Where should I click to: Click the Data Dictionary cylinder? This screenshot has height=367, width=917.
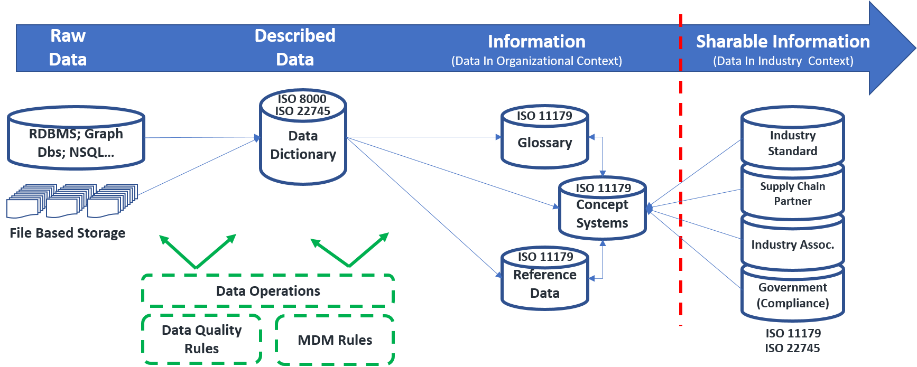pos(303,145)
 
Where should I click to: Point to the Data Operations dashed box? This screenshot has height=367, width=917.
pos(268,291)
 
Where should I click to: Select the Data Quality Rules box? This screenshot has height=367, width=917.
pos(201,340)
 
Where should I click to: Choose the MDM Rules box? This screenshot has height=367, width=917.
pos(335,340)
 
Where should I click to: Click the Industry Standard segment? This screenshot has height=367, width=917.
pos(792,143)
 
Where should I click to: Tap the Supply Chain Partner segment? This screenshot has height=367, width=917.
pos(792,194)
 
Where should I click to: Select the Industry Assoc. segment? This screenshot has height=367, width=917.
pos(792,244)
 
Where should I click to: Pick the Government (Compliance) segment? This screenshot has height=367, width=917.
pos(792,295)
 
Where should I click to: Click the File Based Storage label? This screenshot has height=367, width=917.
pos(68,233)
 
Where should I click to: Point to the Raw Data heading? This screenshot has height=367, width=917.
pos(68,48)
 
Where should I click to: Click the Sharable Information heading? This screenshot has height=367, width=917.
pos(782,41)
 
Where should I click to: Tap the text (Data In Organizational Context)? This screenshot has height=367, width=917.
pos(536,61)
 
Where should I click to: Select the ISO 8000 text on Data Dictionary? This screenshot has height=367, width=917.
pos(302,99)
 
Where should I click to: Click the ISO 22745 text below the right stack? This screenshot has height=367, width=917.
pos(792,348)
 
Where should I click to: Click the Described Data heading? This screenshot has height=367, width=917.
pos(295,48)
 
